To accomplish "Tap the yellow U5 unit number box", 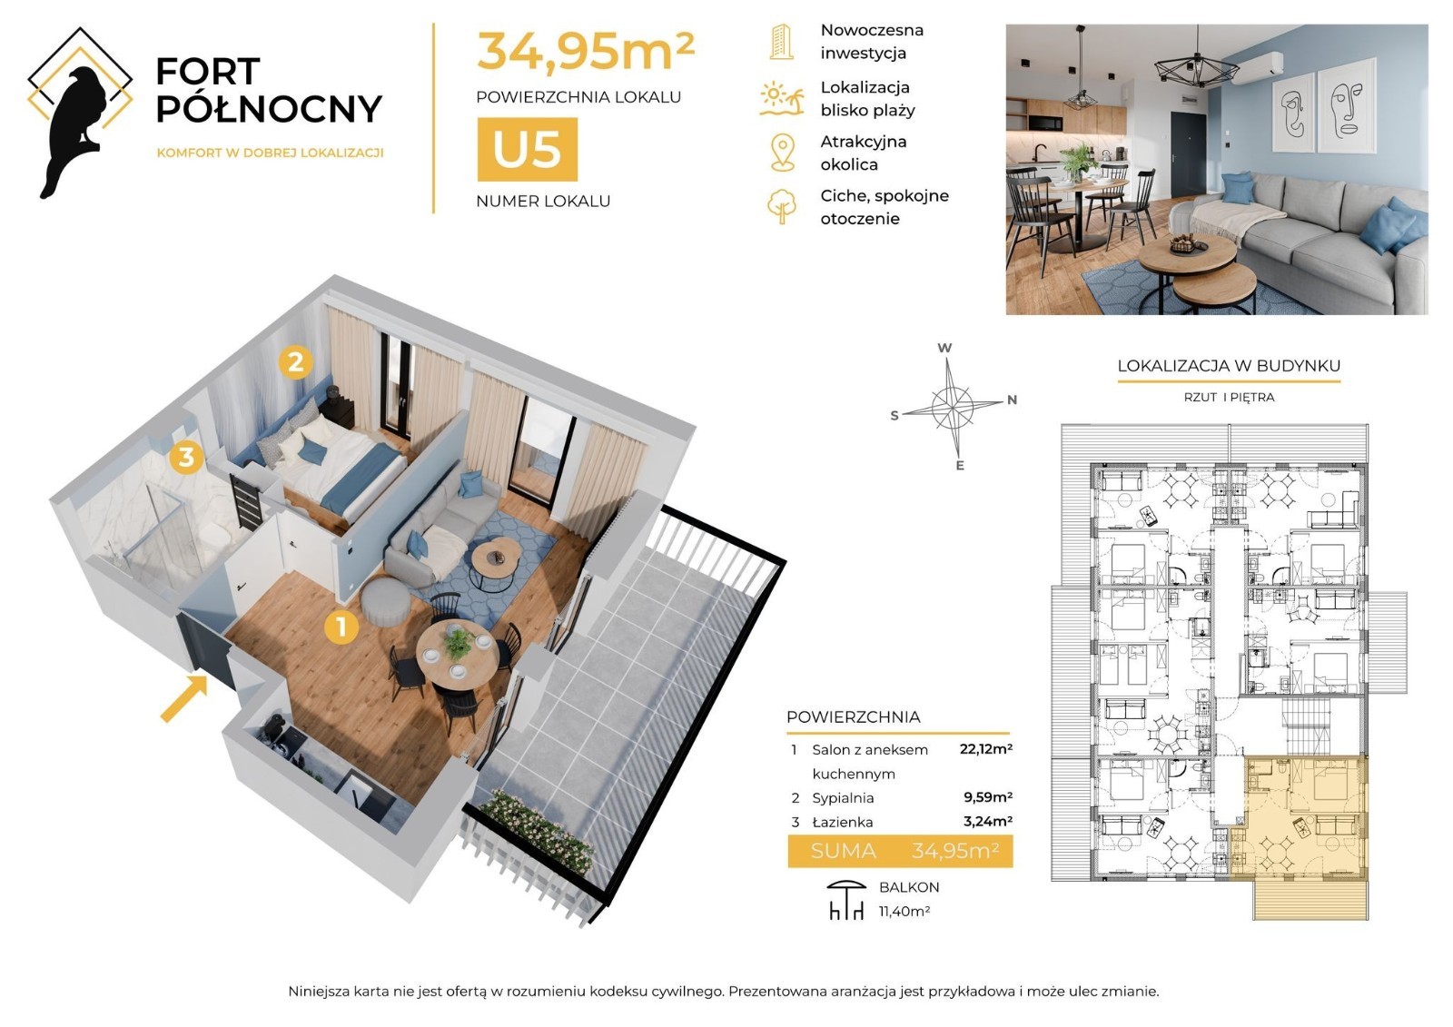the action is point(528,149).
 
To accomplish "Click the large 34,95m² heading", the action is point(586,51).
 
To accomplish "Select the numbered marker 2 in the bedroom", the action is point(296,362).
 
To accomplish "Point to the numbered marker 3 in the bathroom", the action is point(186,457).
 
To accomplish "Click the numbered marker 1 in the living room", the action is point(341,627).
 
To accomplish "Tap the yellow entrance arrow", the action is point(184,698).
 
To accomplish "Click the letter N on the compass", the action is point(1012,400).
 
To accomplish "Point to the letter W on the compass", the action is point(944,348).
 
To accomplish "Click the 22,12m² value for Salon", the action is point(986,749).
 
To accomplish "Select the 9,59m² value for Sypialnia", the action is point(988,797).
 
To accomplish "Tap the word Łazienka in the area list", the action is point(843,822).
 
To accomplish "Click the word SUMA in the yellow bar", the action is point(844,851).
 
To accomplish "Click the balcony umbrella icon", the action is point(846,900).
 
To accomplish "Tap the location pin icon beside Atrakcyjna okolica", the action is point(783,153).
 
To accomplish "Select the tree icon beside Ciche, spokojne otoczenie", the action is point(782,206).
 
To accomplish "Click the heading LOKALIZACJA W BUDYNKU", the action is point(1229,366).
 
